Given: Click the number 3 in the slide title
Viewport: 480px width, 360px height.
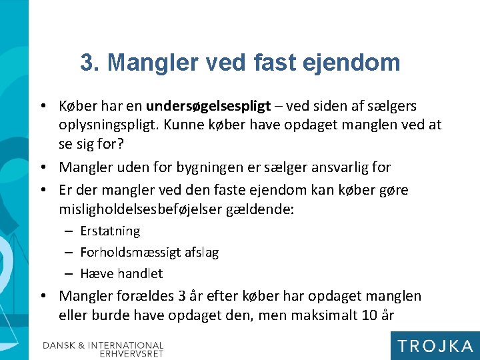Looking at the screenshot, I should [x=87, y=63].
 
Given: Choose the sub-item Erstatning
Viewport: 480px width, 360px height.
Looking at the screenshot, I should [x=110, y=231].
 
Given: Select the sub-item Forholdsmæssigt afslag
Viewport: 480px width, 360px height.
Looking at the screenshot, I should [x=149, y=253].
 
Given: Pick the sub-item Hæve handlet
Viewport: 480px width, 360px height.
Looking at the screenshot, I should [x=121, y=273].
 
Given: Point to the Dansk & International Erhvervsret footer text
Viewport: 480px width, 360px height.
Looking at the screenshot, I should [x=103, y=349].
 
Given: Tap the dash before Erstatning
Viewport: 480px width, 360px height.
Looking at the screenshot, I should [x=69, y=232].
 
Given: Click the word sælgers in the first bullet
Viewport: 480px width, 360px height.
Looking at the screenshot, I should [x=393, y=106].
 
